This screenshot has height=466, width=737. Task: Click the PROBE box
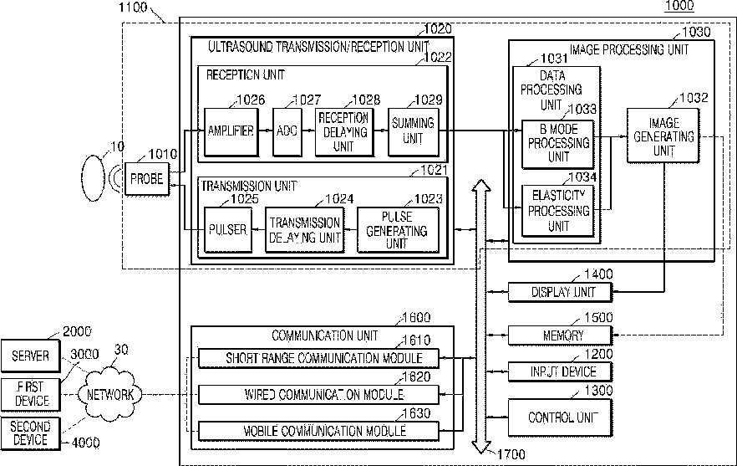147,179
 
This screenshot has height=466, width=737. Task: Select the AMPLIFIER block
231,132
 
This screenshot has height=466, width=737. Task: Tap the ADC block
287,132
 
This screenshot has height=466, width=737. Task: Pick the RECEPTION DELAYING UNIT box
344,132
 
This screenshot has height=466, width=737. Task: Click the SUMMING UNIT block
414,132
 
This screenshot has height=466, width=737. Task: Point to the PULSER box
228,230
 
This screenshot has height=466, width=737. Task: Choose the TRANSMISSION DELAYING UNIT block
304,230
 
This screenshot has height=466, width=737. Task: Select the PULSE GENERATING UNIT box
398,230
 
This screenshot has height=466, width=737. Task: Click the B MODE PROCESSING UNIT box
558,144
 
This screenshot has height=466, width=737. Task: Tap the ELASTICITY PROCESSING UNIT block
558,210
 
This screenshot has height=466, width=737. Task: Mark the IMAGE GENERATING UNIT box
663,136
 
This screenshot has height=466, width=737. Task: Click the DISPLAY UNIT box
560,292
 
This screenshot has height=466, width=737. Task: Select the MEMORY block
560,335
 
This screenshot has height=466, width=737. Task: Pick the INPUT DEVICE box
560,371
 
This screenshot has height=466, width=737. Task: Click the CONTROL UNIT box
560,417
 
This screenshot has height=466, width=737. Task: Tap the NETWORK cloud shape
109,394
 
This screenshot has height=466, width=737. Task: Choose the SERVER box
31,356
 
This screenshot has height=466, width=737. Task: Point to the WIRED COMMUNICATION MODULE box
318,394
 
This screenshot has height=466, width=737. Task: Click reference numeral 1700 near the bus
511,454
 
